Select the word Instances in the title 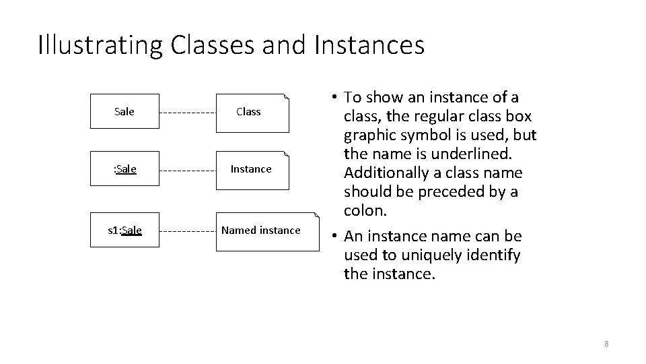click(369, 45)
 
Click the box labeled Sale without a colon click(124, 111)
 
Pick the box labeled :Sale click(124, 169)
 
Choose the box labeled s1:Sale click(124, 230)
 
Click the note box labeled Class click(251, 111)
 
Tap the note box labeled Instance click(251, 169)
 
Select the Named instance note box click(266, 231)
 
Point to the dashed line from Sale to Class click(187, 112)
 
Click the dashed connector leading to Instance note click(187, 169)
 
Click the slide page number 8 click(606, 344)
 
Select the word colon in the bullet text click(364, 210)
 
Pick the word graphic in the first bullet click(369, 135)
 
